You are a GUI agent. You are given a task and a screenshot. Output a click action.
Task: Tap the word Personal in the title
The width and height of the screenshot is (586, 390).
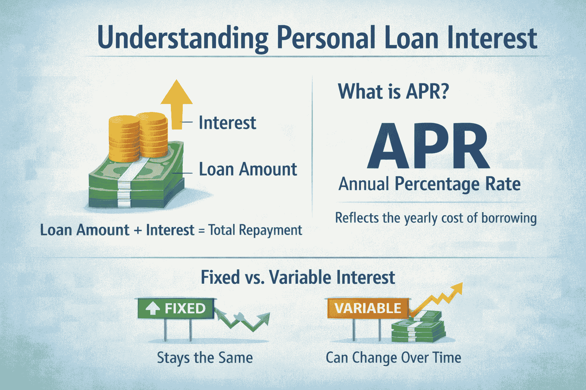click(326, 38)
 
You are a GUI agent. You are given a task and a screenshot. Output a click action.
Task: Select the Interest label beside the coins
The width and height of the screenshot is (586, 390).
click(227, 123)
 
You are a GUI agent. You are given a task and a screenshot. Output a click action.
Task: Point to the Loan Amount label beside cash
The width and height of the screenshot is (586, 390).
click(248, 169)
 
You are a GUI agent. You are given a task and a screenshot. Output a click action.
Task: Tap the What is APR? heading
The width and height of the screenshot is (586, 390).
click(393, 92)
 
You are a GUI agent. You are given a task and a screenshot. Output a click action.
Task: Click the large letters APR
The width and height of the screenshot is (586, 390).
click(428, 147)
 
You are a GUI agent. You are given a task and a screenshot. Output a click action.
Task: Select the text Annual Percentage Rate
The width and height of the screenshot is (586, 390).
click(430, 184)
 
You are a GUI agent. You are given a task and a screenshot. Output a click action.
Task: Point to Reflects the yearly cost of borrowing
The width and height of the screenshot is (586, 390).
click(436, 218)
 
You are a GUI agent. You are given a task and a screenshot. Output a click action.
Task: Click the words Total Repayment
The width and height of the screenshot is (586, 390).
click(255, 230)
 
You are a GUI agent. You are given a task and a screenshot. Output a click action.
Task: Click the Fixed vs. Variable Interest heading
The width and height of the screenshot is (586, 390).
click(298, 277)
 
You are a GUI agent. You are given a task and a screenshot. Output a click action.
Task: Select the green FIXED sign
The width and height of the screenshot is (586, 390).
click(177, 308)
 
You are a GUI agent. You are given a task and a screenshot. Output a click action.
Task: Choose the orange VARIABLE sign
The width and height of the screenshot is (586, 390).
click(368, 308)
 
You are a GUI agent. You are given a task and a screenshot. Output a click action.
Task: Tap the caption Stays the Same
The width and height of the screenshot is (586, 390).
click(205, 358)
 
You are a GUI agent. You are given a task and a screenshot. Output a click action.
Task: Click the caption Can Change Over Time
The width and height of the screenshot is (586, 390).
click(393, 358)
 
